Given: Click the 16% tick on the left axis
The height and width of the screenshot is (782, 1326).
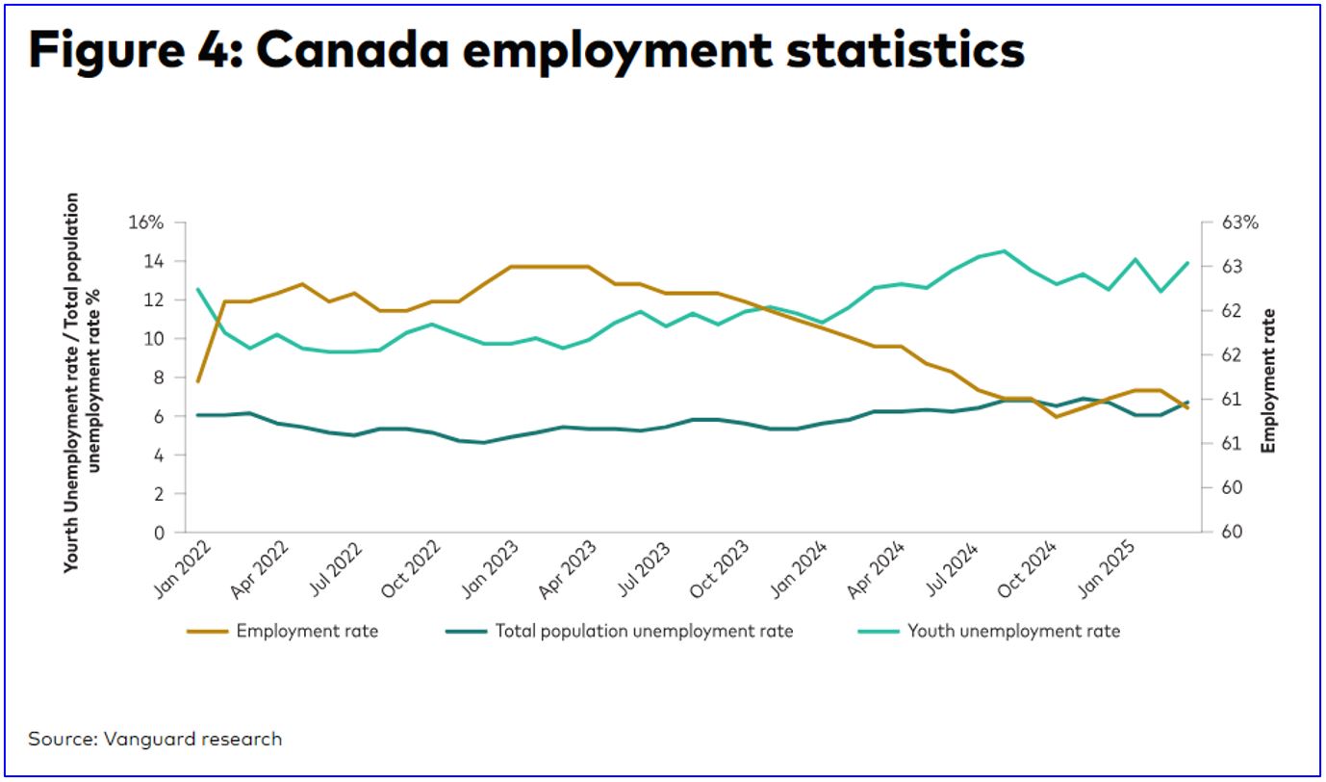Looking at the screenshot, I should click(146, 222).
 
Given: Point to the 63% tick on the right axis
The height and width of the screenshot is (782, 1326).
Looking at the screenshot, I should click(1239, 222).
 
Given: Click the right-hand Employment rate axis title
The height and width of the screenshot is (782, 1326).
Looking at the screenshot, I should click(1268, 380).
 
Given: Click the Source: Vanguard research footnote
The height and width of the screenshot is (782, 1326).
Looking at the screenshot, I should click(155, 740).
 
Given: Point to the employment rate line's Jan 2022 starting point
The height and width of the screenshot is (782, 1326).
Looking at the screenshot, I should click(197, 381).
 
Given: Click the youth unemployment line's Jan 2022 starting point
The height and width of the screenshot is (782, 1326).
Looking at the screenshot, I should click(197, 289).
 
